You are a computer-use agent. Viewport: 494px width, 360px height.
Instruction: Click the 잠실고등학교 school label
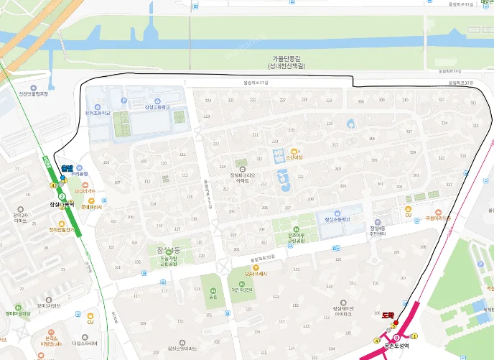157,107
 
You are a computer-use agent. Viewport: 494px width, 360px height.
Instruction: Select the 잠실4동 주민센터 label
377,231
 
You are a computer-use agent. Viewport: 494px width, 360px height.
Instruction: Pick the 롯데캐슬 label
91,207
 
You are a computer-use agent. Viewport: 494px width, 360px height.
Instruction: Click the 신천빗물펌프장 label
33,93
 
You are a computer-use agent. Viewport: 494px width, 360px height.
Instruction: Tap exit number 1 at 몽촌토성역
414,336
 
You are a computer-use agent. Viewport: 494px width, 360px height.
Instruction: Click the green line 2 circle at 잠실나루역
62,196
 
